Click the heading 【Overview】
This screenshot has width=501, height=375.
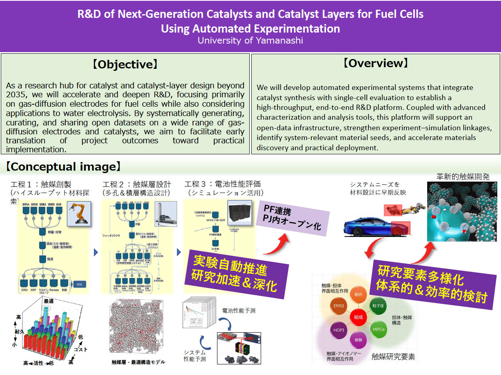375,64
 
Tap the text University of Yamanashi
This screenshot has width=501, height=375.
250,41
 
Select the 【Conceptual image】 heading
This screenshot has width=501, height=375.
63,167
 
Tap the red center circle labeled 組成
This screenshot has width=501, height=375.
358,317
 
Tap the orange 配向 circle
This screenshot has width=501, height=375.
358,294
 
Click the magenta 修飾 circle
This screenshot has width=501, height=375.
359,339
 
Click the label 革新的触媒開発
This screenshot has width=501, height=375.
463,176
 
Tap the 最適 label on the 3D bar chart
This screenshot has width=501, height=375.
49,301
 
